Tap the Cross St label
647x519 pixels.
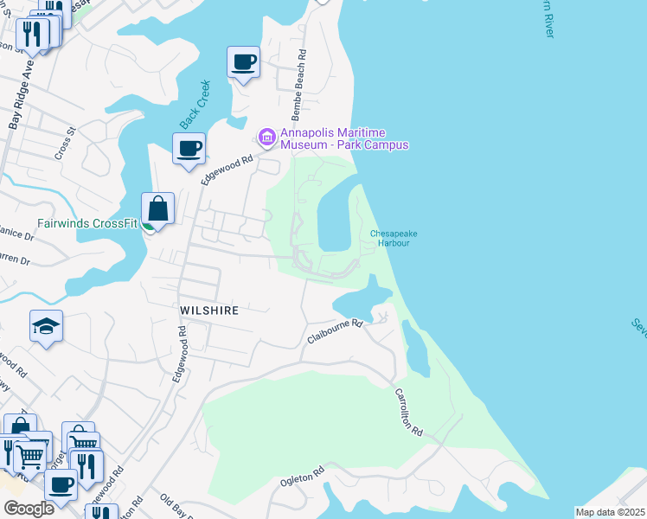point(66,141)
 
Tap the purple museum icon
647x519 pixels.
point(266,137)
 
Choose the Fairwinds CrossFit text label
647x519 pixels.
point(87,223)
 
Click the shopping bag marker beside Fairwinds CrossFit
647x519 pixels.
point(158,208)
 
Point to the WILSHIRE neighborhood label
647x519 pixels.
point(208,309)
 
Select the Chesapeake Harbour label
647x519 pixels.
point(389,238)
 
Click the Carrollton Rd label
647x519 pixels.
point(408,411)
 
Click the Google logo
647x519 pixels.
point(29,509)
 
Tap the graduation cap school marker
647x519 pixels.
point(47,326)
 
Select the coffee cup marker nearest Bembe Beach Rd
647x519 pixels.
point(243,62)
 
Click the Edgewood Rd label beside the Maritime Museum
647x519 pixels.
point(227,168)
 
